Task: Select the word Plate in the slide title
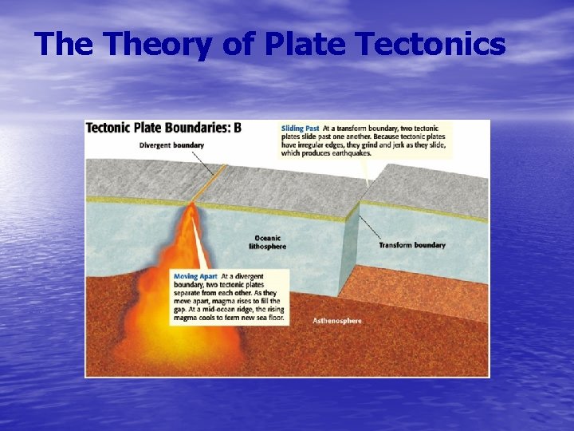pyautogui.click(x=299, y=44)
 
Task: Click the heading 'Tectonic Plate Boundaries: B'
pyautogui.click(x=163, y=128)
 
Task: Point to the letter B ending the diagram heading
pyautogui.click(x=237, y=128)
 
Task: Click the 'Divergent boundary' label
pyautogui.click(x=171, y=145)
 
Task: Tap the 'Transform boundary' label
pyautogui.click(x=411, y=245)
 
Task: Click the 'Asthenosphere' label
pyautogui.click(x=336, y=321)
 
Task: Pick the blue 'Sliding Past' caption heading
pyautogui.click(x=300, y=128)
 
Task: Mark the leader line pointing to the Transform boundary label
pyautogui.click(x=369, y=227)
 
